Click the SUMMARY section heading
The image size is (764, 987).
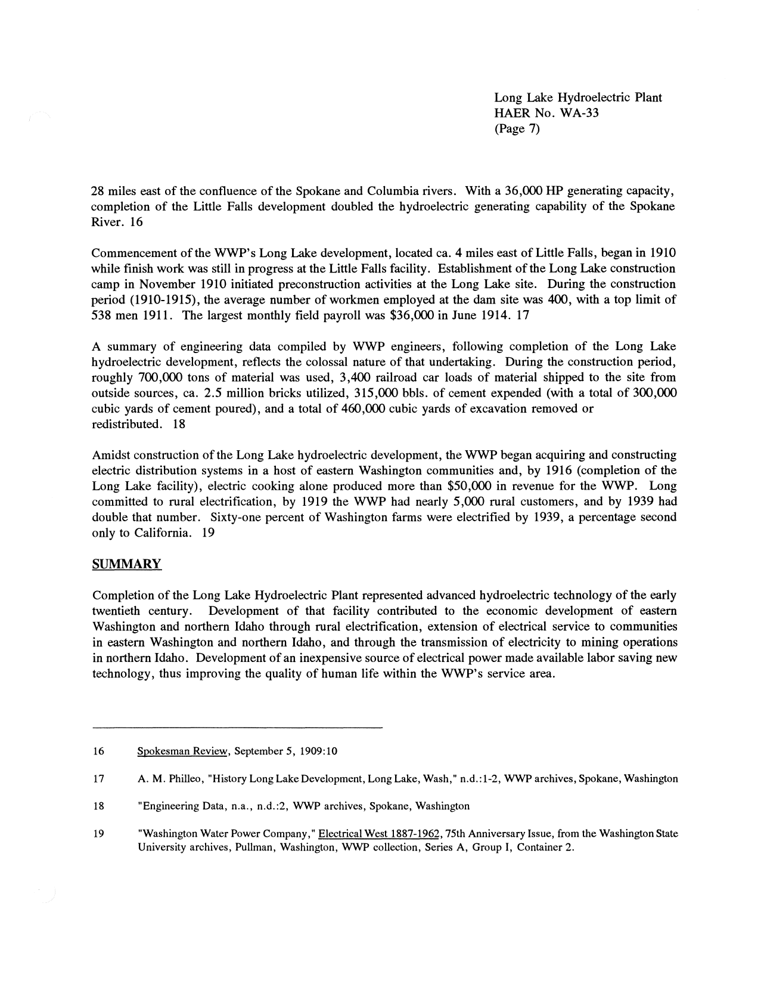[x=126, y=564]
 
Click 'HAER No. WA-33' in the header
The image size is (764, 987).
[x=546, y=113]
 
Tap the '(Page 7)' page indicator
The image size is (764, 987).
[x=517, y=128]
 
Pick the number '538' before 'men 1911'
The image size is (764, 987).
[x=101, y=315]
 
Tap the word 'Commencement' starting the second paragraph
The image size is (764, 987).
[x=131, y=253]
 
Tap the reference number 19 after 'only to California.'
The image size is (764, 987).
[x=208, y=533]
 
